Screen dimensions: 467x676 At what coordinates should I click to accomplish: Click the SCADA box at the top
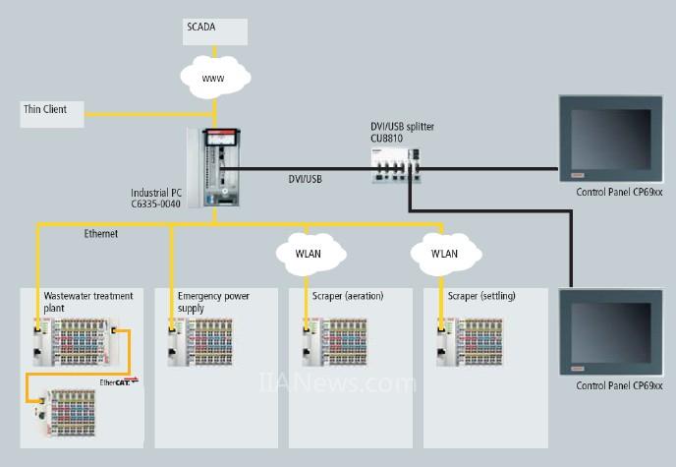214,31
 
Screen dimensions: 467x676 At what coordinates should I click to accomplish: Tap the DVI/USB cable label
305,179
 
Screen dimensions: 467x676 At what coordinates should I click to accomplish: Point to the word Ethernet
101,234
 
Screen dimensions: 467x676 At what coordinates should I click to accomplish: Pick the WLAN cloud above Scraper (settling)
444,253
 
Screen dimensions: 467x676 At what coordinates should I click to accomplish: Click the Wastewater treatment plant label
88,301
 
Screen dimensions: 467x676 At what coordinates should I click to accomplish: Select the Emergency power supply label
214,301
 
